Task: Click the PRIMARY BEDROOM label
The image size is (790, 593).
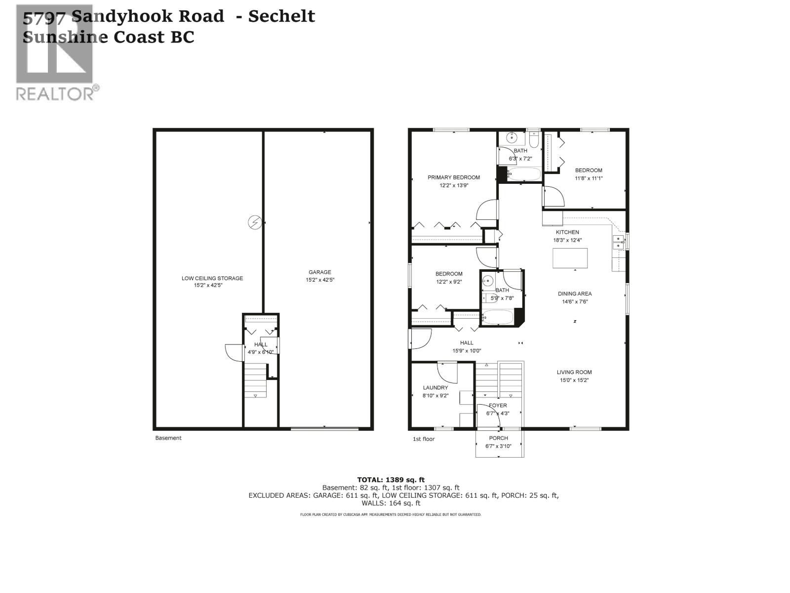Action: point(453,177)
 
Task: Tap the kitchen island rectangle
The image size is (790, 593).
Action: point(570,258)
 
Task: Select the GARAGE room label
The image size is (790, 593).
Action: point(319,272)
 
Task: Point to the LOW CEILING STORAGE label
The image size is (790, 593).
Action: point(212,278)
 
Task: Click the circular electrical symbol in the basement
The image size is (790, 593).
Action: point(254,222)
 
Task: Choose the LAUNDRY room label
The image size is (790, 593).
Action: point(435,388)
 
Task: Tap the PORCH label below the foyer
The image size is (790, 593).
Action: point(498,438)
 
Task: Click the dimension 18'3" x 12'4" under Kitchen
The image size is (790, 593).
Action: point(567,240)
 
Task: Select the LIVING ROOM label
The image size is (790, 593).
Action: point(574,372)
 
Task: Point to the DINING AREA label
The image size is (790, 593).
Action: point(574,294)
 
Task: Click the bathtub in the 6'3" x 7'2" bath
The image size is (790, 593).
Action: point(524,174)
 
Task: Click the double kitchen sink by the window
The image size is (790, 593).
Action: point(618,242)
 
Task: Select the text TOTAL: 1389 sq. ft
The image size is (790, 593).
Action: point(391,479)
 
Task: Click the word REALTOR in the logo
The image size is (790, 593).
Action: point(54,93)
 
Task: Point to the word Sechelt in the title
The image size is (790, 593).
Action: point(281,16)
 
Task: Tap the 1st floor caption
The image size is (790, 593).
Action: point(423,439)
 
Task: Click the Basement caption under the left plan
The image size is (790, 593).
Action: point(168,438)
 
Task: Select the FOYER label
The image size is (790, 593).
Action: point(498,405)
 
